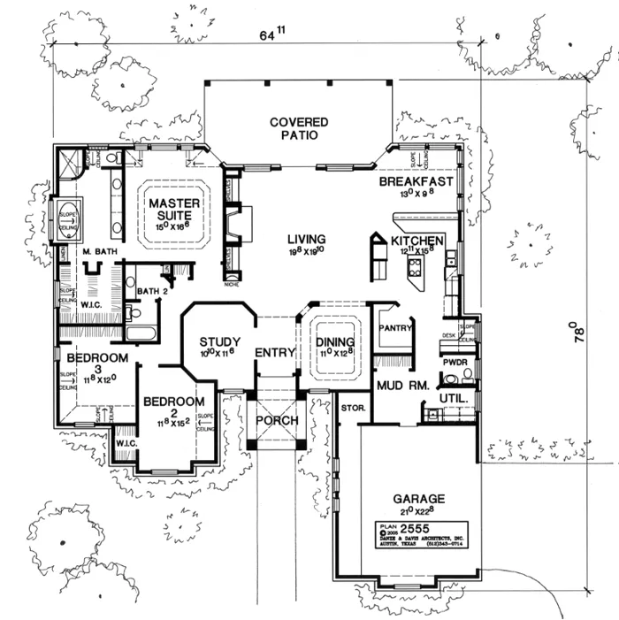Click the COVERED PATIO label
point(299,128)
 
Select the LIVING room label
point(307,240)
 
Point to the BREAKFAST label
point(416,182)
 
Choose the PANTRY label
point(396,329)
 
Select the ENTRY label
point(274,353)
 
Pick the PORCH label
point(278,420)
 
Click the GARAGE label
point(419,499)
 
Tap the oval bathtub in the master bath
point(72,218)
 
